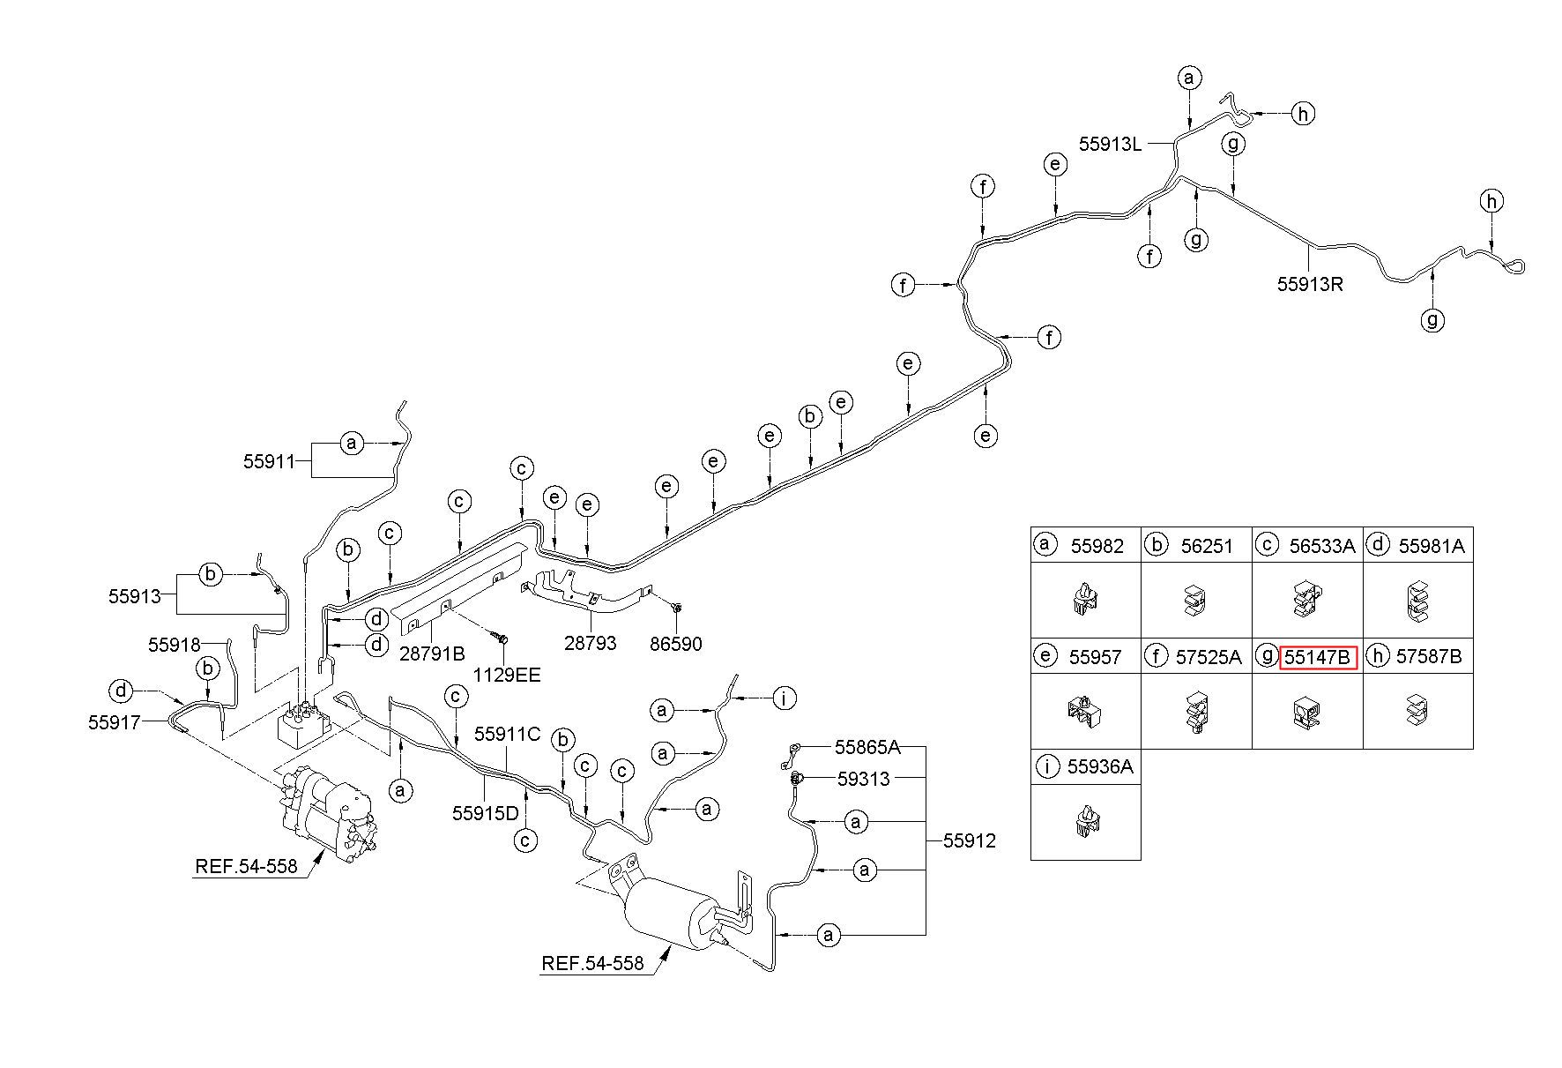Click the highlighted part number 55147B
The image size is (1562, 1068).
pos(1318,657)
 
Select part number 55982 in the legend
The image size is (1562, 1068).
pos(1097,546)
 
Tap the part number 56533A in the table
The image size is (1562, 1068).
pos(1321,546)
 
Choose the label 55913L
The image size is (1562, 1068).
pos(1111,144)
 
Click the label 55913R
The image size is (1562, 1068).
pos(1310,284)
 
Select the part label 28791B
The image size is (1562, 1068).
pos(432,653)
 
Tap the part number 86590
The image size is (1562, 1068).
pos(675,645)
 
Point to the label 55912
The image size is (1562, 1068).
pos(970,841)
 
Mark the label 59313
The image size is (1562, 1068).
pos(864,780)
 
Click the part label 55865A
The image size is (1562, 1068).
pos(867,748)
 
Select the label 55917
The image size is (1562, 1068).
pos(115,722)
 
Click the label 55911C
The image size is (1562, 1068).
pos(507,734)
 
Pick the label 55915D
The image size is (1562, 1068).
pos(486,813)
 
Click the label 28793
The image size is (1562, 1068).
pos(590,645)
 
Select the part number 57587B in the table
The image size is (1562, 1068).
pos(1429,656)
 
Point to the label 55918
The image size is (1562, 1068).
pos(175,645)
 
